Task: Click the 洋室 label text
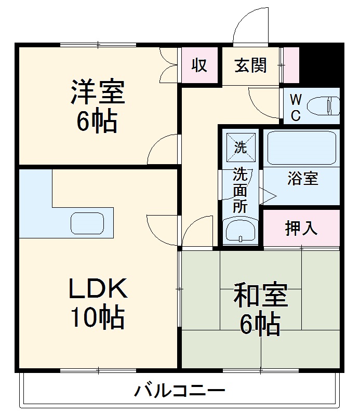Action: [x=98, y=92]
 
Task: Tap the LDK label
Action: [x=98, y=289]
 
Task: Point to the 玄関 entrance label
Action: [x=250, y=65]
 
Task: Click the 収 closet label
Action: [x=199, y=65]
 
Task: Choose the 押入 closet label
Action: [x=301, y=228]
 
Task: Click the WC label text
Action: [x=295, y=107]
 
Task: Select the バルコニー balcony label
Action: [x=180, y=390]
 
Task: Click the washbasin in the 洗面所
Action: [x=239, y=230]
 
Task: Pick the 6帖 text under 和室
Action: [x=260, y=325]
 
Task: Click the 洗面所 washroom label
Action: [x=240, y=189]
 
